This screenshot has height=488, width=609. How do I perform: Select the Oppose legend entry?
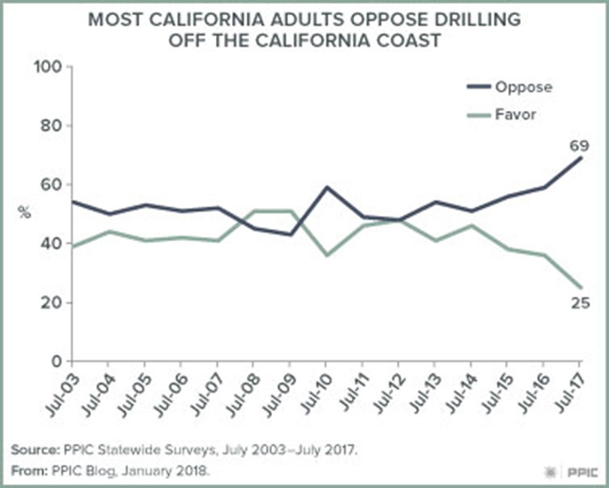[x=509, y=87]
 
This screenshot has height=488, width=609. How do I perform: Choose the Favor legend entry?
[x=501, y=114]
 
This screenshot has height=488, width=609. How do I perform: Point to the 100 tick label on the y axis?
[x=48, y=67]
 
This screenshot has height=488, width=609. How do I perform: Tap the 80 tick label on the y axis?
[x=51, y=126]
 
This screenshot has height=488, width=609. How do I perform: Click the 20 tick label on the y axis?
[x=51, y=303]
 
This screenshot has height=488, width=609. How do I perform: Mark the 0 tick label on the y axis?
[x=57, y=361]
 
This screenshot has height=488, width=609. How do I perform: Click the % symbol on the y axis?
[x=24, y=212]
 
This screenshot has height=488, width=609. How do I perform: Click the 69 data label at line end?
[x=579, y=146]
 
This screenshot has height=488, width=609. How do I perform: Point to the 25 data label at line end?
[x=581, y=303]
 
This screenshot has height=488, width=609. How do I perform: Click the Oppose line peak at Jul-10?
[x=326, y=187]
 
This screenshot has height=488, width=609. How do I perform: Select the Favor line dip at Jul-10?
[x=326, y=255]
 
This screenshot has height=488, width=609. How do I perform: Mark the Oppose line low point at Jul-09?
[x=290, y=234]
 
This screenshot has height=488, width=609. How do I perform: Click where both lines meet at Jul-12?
[x=399, y=220]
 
